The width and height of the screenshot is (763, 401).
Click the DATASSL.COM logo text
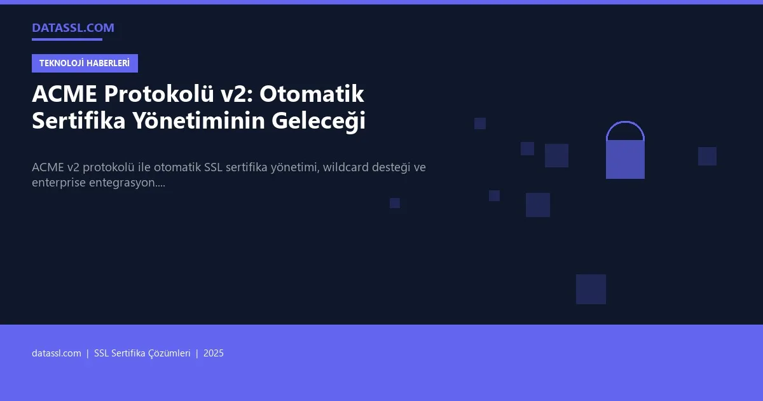coord(73,27)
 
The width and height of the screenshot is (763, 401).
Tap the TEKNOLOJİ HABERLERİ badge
coord(85,63)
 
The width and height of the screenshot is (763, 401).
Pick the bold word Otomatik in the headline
coord(312,94)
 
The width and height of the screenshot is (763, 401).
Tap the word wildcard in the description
coord(348,167)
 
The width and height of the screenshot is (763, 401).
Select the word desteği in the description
coord(396,167)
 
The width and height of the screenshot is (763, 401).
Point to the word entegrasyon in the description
coord(127,183)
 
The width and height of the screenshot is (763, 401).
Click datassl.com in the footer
coord(57,353)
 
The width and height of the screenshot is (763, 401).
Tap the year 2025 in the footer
coord(214,353)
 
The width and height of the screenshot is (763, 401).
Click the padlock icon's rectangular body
coord(625,160)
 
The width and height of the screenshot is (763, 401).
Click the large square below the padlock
coord(591,289)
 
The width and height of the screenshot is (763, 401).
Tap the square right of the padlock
coord(707,156)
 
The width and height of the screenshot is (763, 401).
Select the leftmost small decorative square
coord(395,203)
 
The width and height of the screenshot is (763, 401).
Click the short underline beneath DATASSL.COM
coord(67,39)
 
